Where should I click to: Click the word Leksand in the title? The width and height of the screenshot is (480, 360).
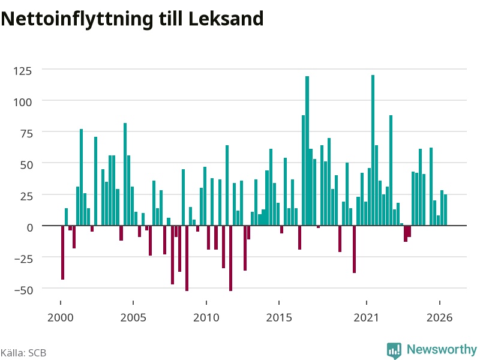[x=226, y=19]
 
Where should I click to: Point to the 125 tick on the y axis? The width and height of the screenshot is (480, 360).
[x=22, y=71]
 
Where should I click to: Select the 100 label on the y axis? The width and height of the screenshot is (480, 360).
[x=22, y=102]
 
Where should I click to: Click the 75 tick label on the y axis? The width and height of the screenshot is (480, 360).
[x=26, y=134]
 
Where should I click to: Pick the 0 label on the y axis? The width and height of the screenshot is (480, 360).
[x=29, y=228]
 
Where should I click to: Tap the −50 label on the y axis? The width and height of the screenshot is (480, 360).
[x=23, y=290]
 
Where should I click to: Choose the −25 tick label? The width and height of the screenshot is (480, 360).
[x=23, y=259]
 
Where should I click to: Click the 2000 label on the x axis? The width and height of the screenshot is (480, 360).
[x=61, y=317]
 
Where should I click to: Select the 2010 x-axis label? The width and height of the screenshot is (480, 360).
[x=206, y=317]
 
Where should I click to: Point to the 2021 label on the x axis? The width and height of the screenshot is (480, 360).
[x=366, y=317]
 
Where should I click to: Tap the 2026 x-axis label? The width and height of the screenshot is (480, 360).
[x=439, y=317]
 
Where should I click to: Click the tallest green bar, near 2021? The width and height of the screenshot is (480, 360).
[x=373, y=151]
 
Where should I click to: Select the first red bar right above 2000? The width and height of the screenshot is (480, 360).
[x=63, y=253]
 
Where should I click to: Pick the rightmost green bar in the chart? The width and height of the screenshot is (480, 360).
[x=445, y=210]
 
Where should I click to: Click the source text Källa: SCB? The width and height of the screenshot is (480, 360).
[x=23, y=353]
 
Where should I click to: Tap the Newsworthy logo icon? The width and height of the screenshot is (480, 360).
[x=394, y=350]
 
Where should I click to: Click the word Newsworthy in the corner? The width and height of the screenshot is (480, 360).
[x=442, y=350]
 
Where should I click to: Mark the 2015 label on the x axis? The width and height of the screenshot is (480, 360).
[x=279, y=317]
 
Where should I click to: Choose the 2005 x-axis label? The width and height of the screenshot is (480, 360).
[x=133, y=317]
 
